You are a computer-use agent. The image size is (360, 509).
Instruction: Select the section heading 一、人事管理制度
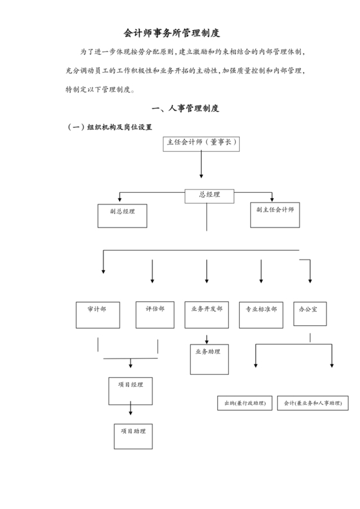(184, 109)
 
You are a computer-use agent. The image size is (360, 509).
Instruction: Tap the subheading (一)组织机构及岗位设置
(110, 127)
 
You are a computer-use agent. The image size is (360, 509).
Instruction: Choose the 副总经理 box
(122, 215)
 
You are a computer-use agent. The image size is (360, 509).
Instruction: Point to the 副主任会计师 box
(275, 215)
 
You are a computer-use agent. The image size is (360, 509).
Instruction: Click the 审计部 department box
(98, 314)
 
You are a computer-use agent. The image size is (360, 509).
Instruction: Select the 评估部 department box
(155, 314)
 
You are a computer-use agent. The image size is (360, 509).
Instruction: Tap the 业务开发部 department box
(206, 314)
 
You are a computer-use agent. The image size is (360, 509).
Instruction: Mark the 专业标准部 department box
(261, 314)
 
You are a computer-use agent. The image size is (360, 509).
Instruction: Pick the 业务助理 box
(209, 359)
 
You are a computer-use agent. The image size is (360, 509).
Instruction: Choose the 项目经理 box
(130, 389)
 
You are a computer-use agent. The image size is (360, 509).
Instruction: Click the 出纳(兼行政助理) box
(244, 403)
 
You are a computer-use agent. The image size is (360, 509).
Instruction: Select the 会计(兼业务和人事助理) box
(312, 403)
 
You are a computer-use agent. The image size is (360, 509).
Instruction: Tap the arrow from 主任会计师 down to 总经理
(202, 165)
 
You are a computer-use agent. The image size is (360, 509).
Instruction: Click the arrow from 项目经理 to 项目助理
(130, 409)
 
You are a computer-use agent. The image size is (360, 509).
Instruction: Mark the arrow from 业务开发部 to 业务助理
(206, 338)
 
